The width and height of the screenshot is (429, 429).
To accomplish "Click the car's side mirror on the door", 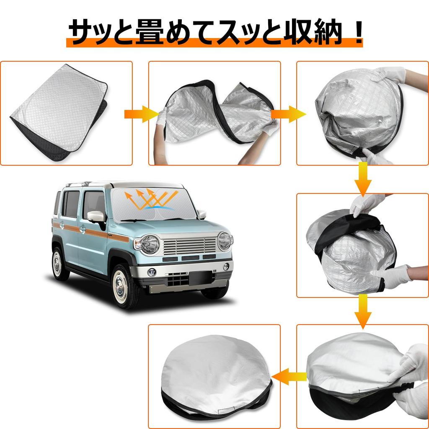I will tap(96, 217).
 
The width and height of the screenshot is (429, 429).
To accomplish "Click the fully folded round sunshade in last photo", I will tap(216, 375).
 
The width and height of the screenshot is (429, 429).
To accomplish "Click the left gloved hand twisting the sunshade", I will tap(161, 118).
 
